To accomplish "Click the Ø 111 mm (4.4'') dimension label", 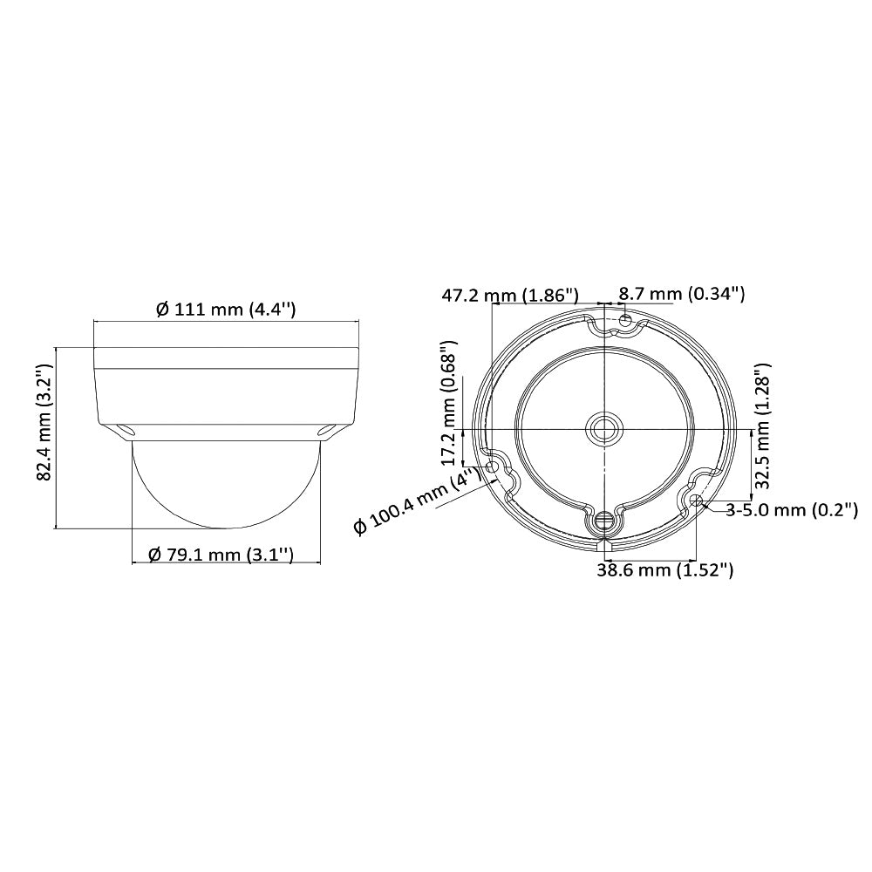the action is tap(225, 309).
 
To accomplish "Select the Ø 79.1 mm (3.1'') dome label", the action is tap(221, 554).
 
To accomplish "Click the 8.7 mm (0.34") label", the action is tap(682, 293).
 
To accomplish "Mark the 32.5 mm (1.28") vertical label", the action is tap(762, 426).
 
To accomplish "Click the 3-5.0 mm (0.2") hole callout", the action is tap(792, 509).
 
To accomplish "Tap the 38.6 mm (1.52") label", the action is tap(665, 569).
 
